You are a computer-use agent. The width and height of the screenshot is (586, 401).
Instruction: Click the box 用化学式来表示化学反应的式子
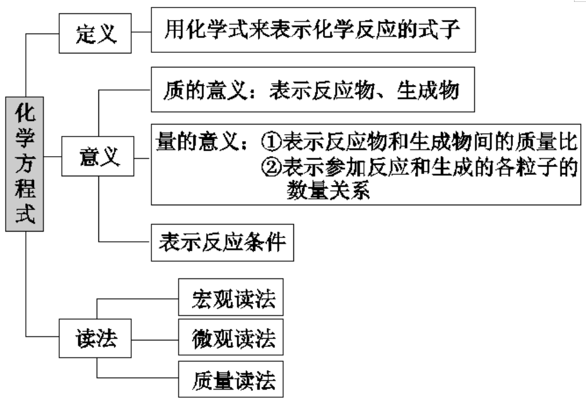312,30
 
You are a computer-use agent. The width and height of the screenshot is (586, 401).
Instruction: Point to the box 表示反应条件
223,242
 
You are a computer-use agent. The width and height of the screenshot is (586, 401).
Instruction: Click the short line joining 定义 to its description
143,31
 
